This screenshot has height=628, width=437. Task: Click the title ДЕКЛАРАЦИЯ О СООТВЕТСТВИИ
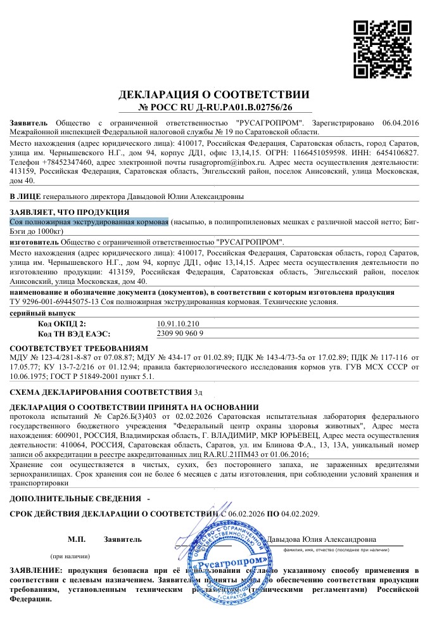[x=214, y=95]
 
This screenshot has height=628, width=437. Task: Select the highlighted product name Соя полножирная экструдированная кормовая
[x=89, y=221]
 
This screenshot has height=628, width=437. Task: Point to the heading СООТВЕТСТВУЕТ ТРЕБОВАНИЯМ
[x=79, y=349]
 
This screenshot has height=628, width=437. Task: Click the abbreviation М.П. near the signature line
[x=76, y=539]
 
